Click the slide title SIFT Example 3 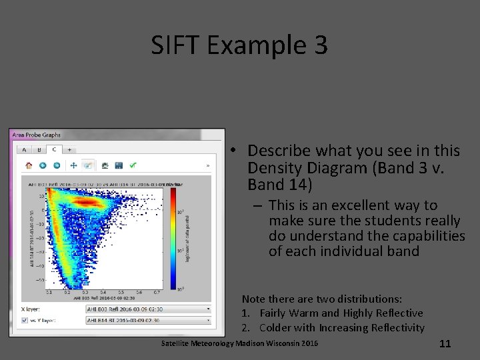click(x=239, y=45)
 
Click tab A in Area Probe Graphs click(x=25, y=150)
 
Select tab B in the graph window click(x=39, y=150)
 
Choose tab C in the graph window click(x=54, y=150)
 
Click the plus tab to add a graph click(x=69, y=150)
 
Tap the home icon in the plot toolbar click(x=29, y=165)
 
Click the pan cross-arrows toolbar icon click(x=73, y=165)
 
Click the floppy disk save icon click(x=119, y=165)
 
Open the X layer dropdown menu click(x=149, y=309)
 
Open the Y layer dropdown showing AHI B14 click(x=149, y=321)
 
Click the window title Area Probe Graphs click(x=36, y=135)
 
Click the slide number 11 click(x=445, y=344)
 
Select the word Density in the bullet click(x=272, y=167)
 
